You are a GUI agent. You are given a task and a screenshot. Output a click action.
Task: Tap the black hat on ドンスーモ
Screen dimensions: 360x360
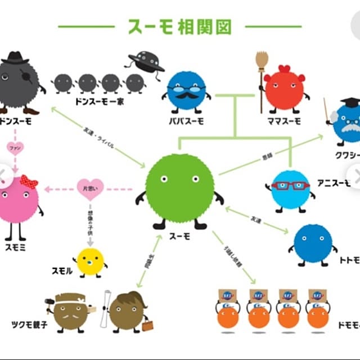coord(15,58)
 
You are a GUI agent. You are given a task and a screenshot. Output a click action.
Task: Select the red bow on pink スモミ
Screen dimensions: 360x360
coord(29,182)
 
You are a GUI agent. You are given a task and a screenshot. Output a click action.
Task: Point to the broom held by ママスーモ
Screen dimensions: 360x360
coord(261,73)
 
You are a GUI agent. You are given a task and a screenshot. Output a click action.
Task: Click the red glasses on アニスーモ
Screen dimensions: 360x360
coord(290,185)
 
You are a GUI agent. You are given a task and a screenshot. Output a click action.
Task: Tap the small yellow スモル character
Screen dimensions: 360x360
coord(91,262)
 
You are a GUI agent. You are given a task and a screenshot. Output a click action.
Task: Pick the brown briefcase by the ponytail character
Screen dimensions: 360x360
coord(147,326)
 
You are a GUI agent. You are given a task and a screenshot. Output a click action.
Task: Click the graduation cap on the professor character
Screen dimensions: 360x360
coord(349,103)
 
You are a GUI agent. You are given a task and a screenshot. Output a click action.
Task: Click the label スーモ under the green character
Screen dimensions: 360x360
coord(179,237)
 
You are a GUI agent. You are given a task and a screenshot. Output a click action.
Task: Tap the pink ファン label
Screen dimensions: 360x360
coord(15,148)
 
